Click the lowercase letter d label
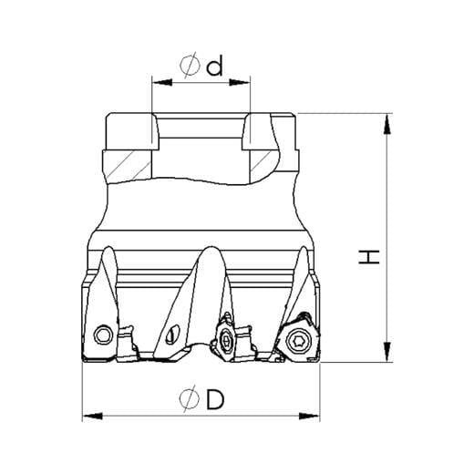pos(214,66)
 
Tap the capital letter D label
pos(215,399)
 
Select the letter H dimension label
pos(369,257)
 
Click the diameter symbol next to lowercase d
pos(191,65)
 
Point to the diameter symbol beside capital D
pos(190,398)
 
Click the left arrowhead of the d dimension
pos(162,82)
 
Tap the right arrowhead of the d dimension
pos(240,82)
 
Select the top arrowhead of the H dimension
pos(386,123)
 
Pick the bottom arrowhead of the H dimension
pos(386,352)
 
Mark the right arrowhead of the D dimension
pos(309,416)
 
